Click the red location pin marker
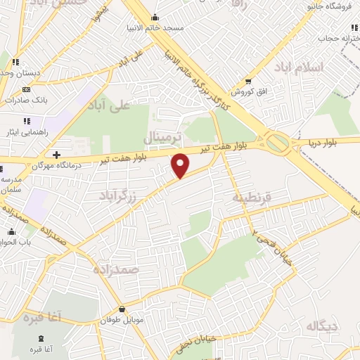click(181, 166)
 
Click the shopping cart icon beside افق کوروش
click(248, 81)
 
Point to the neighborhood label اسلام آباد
click(303, 67)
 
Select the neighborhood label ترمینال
click(163, 135)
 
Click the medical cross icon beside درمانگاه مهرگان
click(56, 155)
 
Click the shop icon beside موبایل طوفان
click(123, 309)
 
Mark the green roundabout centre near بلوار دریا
click(277, 143)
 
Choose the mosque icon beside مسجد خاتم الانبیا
click(155, 18)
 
